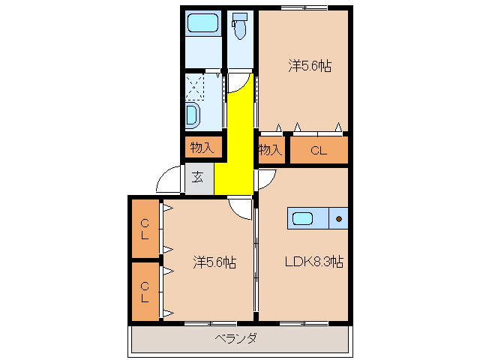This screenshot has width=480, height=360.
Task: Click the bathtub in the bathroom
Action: coord(202,23)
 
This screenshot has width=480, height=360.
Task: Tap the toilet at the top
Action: coord(240,28)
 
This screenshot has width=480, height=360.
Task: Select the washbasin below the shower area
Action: coord(193,115)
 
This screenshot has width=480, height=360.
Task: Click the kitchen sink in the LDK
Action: coord(303,219)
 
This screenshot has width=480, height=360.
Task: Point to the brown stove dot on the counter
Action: coord(339,219)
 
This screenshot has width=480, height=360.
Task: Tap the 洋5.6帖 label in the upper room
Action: coord(309,67)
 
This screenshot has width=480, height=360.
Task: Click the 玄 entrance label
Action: coord(197,178)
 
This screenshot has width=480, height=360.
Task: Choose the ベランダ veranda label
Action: coord(236,338)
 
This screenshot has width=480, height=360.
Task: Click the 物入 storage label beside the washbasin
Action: coord(201,148)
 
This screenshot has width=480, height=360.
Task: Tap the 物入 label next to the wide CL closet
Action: coord(270,150)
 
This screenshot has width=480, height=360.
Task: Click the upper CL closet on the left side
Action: coord(145,229)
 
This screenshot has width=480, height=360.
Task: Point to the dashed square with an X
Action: coord(195,87)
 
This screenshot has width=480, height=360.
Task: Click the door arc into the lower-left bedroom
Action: coord(241,208)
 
